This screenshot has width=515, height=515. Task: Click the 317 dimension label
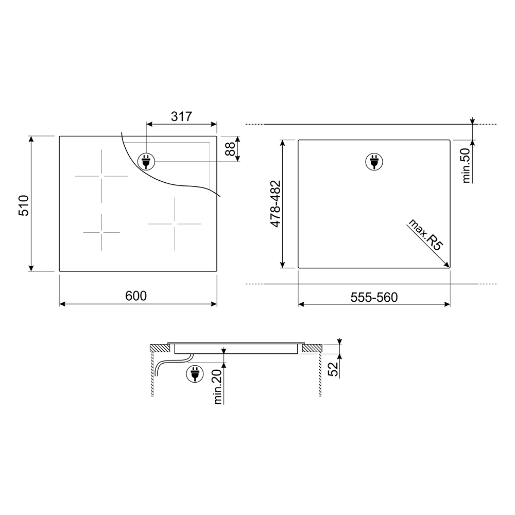click(x=181, y=116)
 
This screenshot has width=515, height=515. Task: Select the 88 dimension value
click(x=231, y=149)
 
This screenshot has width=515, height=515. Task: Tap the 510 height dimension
click(x=24, y=205)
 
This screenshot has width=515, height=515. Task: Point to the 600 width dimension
click(x=136, y=296)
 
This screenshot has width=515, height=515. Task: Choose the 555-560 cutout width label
click(x=374, y=297)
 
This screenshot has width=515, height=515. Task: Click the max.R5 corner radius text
click(x=425, y=235)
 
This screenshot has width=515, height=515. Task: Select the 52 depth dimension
click(x=333, y=369)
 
